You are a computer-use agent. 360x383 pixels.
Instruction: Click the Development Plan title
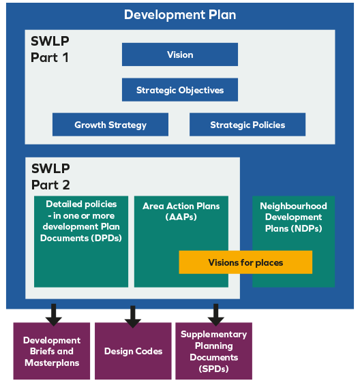(180, 14)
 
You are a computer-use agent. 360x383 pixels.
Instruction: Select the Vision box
(180, 55)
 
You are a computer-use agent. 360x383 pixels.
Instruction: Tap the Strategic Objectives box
(180, 90)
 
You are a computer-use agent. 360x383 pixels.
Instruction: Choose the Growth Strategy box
(110, 125)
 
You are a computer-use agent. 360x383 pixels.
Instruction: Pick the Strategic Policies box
(247, 125)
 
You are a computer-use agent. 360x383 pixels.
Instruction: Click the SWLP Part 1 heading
(50, 49)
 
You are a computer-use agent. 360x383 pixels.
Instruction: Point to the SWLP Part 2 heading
(50, 177)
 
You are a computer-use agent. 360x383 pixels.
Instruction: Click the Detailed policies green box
(81, 242)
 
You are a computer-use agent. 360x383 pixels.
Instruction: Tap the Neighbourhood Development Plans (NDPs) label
(294, 217)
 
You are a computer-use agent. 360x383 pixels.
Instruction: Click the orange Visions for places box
(245, 262)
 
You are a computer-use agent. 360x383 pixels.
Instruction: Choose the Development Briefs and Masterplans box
(52, 351)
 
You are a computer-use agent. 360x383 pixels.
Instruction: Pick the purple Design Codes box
(133, 351)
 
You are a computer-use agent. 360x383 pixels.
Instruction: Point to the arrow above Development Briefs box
(52, 314)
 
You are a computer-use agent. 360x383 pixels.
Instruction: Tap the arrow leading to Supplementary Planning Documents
(215, 314)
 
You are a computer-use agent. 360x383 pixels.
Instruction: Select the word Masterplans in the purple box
(52, 363)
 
